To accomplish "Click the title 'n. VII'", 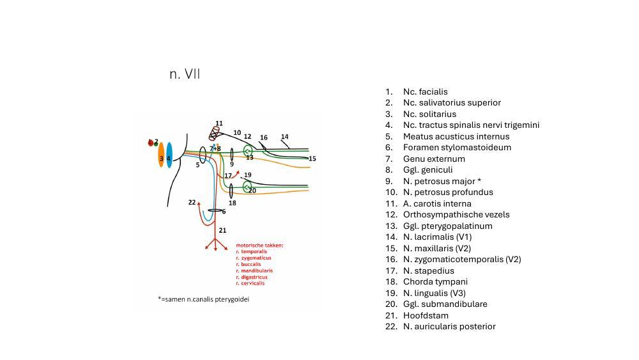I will tap(185, 74).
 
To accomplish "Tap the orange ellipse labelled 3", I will tap(161, 155).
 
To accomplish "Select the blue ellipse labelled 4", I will tap(169, 155).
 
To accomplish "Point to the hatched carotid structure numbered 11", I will tap(215, 133).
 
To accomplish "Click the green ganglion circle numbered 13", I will tap(248, 151).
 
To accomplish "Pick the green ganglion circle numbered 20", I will tap(247, 187).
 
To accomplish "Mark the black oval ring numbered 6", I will tap(215, 210).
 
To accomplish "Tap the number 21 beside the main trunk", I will tap(222, 230).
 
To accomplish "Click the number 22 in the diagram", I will tap(192, 203).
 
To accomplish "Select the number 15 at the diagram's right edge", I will tap(312, 159).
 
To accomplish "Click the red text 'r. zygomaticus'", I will tap(254, 258).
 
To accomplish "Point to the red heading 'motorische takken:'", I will tap(259, 245).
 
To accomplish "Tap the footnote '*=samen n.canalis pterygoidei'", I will tap(203, 299).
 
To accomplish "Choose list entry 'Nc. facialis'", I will tap(425, 91).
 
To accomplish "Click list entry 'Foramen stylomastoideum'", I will tap(457, 147).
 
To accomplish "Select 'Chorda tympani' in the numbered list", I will tap(435, 281).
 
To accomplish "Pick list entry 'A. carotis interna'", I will tap(437, 203).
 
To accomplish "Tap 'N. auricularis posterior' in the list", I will tap(449, 326).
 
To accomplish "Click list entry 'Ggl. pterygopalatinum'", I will tap(447, 226).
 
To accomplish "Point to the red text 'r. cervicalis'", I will tap(250, 283).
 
